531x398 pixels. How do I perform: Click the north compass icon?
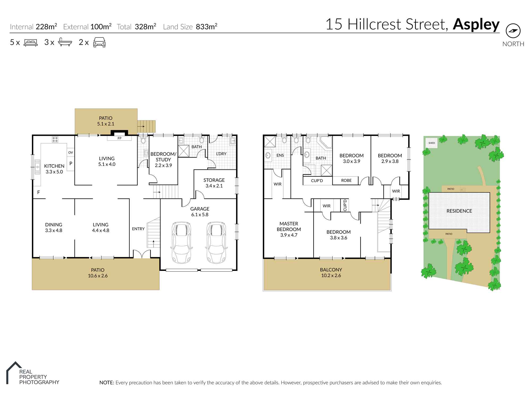[x=513, y=31]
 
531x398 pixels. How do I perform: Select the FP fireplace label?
[x=119, y=138]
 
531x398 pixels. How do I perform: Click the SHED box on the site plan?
[x=432, y=143]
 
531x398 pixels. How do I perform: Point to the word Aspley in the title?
[x=476, y=24]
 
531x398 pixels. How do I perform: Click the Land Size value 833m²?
[x=207, y=27]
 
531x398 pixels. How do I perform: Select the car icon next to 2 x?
[x=99, y=42]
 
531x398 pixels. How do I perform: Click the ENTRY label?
[x=138, y=229]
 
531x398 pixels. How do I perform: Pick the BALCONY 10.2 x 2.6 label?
[x=331, y=272]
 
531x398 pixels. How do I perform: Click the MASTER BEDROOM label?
[x=289, y=229]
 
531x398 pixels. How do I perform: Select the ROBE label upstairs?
[x=346, y=180]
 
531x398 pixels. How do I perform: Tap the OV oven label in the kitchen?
[x=71, y=153]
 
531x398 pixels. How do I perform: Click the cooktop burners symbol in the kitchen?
[x=55, y=139]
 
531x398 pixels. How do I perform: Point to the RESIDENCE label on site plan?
[x=459, y=211]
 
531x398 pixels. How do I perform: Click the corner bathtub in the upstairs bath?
[x=326, y=142]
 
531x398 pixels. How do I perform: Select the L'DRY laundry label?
[x=221, y=154]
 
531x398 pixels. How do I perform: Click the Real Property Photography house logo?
[x=14, y=372]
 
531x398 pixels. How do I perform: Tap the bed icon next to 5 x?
[x=31, y=42]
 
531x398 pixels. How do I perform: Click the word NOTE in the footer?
[x=106, y=383]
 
